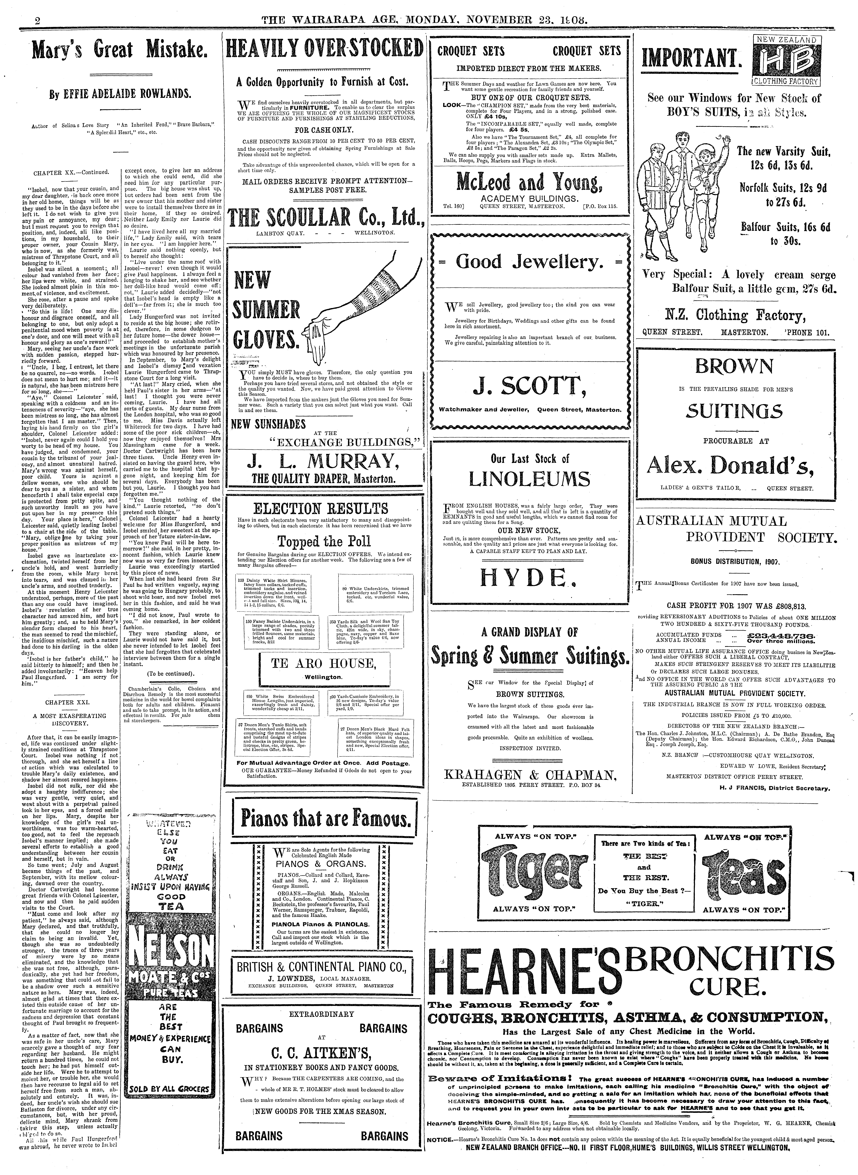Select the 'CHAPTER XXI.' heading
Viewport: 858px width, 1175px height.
coord(68,702)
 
